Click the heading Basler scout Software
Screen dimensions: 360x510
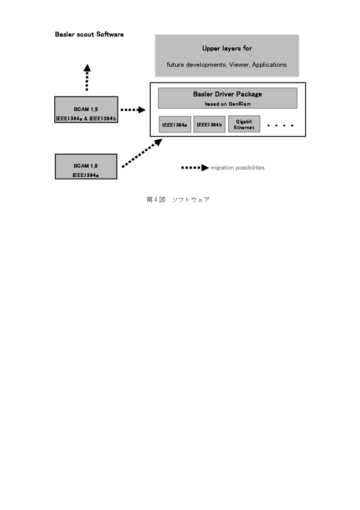click(x=89, y=34)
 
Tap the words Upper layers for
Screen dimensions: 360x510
click(x=227, y=48)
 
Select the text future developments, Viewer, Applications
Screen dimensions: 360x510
click(x=227, y=65)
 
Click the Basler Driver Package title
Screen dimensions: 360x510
click(x=228, y=94)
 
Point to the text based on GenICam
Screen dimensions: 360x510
click(x=228, y=104)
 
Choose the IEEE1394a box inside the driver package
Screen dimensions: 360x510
click(x=175, y=125)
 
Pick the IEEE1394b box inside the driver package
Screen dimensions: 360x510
click(x=209, y=124)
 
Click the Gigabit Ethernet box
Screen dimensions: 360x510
click(x=244, y=124)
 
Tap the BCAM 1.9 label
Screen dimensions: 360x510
click(x=86, y=109)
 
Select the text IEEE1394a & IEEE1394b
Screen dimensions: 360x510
click(x=86, y=119)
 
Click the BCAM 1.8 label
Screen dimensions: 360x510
click(x=85, y=166)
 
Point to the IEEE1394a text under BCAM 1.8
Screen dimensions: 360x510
click(x=86, y=175)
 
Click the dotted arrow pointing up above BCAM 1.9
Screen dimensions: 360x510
click(x=87, y=78)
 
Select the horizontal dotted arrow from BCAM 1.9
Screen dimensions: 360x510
click(x=133, y=110)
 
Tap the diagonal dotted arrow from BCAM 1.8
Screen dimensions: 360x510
click(x=142, y=153)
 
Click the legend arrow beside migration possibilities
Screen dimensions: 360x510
click(x=195, y=167)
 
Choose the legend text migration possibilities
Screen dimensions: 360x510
click(x=238, y=168)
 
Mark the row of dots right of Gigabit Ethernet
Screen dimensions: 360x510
click(x=280, y=125)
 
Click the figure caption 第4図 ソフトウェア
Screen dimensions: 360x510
click(x=178, y=200)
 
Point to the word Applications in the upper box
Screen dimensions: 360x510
click(x=269, y=65)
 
